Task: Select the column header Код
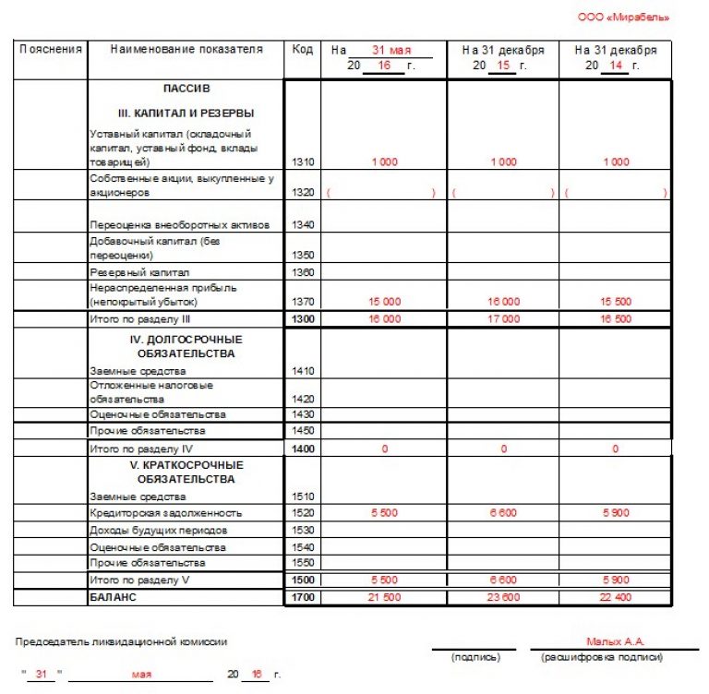coord(302,50)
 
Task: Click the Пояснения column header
coord(51,50)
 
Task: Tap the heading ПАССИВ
coord(186,90)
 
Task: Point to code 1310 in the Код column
coord(303,162)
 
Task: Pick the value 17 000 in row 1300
coord(504,319)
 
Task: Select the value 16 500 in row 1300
coord(616,319)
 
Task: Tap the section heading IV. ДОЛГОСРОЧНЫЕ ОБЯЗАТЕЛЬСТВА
coord(186,346)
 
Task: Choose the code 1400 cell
coord(303,448)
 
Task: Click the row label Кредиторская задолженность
coord(166,513)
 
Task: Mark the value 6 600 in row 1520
coord(504,513)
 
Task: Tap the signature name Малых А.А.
coord(615,641)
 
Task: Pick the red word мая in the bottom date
coord(141,676)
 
